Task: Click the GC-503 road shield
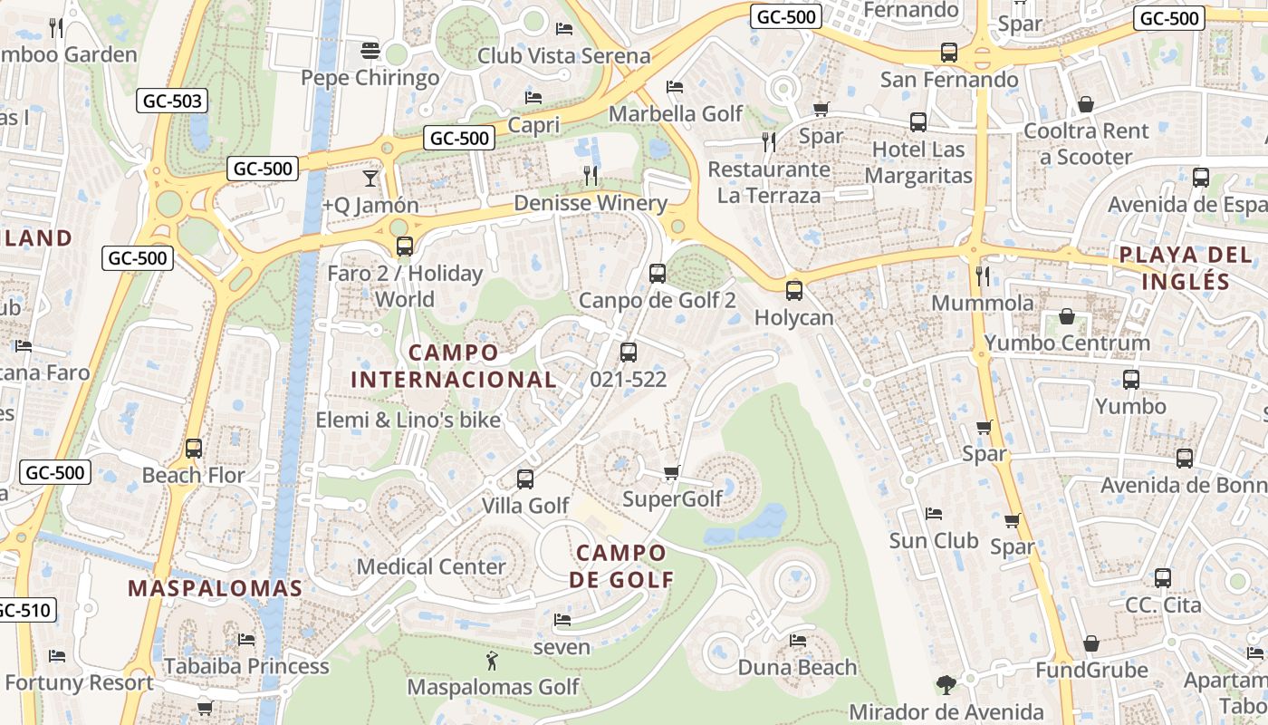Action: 173,101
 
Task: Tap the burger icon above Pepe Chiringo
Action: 370,50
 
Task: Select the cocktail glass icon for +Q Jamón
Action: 370,178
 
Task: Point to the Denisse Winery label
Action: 590,203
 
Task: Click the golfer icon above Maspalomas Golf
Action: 492,661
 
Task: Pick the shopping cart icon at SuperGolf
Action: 671,472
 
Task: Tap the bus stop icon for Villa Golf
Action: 525,478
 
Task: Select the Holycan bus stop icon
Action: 793,291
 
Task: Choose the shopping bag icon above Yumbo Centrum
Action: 1067,317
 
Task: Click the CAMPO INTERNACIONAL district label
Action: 453,366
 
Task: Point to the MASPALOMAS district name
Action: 215,588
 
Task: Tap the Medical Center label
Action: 431,566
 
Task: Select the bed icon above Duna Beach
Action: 797,641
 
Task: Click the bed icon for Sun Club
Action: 934,514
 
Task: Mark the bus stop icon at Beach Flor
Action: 193,448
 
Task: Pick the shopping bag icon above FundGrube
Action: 1090,643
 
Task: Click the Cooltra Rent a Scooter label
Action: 1085,144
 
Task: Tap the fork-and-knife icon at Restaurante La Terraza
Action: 768,141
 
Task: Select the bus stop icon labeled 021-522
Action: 628,353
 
